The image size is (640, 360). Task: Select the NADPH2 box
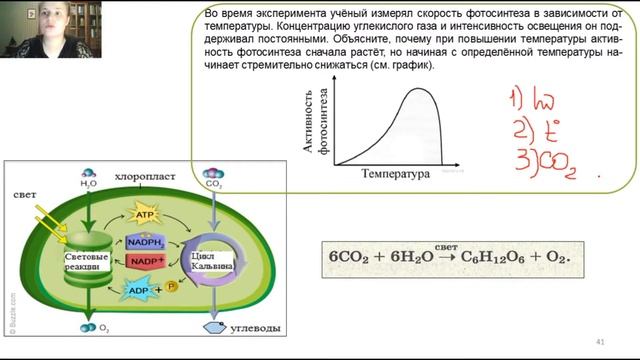(x=146, y=241)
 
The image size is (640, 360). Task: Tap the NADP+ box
(x=145, y=262)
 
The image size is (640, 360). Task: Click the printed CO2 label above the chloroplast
(x=212, y=184)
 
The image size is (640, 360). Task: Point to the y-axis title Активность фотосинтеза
(x=316, y=125)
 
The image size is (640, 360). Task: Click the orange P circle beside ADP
(x=172, y=287)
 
